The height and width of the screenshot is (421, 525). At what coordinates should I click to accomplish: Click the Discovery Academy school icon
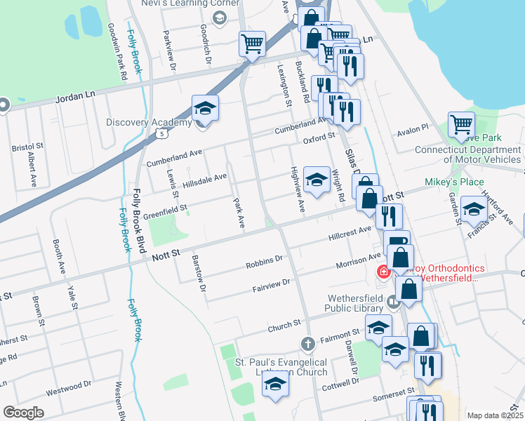tap(205, 109)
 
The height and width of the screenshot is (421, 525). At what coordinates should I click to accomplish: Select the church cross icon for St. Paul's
tap(307, 344)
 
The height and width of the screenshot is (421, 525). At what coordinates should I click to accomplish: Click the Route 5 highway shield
tap(163, 133)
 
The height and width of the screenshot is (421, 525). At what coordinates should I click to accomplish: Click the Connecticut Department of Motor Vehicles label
tap(467, 154)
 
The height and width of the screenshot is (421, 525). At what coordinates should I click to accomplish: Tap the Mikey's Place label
tap(454, 182)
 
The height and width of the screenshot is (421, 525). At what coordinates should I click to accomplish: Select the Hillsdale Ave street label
tap(204, 180)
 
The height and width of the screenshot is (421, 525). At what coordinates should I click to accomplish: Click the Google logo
tap(23, 413)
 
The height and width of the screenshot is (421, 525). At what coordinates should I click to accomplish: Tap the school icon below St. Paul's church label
tap(275, 385)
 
